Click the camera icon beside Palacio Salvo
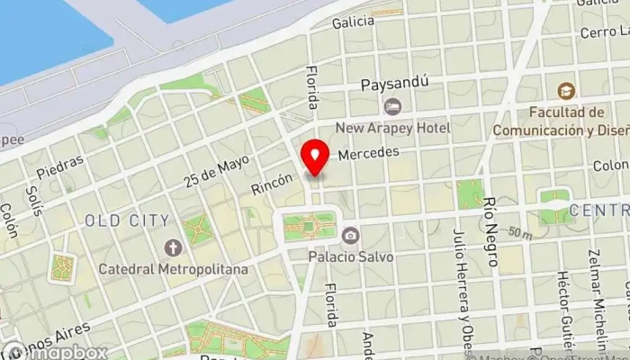350,236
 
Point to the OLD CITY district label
127,220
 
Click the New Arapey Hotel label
392,129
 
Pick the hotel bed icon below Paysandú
392,107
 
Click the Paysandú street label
393,85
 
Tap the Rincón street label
272,184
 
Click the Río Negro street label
491,231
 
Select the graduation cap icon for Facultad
565,91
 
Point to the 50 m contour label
518,233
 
